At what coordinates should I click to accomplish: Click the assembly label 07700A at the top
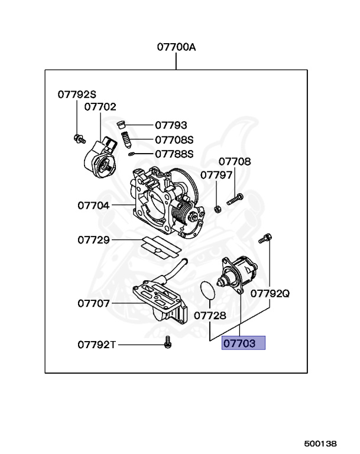coord(176,47)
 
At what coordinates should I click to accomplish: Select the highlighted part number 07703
coord(243,343)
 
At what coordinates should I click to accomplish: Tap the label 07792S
coord(76,94)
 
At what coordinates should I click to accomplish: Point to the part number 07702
coord(100,107)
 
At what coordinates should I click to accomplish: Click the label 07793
coord(171,125)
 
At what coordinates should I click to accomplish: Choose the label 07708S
coord(174,140)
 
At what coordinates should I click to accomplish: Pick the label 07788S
coord(174,154)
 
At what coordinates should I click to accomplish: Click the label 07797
coord(216,175)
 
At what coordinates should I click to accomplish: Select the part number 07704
coord(93,206)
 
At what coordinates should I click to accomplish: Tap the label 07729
coord(93,240)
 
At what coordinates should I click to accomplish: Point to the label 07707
coord(93,303)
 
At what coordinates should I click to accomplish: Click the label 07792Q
coord(270,293)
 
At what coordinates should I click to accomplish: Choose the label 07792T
coord(96,345)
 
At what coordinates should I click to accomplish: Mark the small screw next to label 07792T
coord(167,342)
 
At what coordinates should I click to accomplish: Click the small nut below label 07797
coord(217,209)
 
